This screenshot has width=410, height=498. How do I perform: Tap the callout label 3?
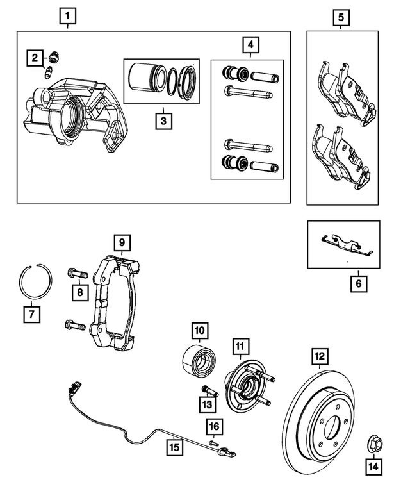[163, 120]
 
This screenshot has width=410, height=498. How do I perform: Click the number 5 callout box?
[341, 16]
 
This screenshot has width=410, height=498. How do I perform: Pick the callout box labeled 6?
[359, 283]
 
